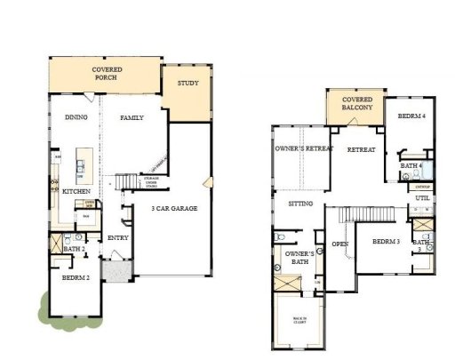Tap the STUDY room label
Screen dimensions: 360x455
coord(187,84)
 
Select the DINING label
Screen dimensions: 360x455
coord(76,117)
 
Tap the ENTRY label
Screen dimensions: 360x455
coord(117,238)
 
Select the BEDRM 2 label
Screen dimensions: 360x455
coord(76,278)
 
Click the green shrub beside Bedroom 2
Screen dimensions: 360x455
coord(42,308)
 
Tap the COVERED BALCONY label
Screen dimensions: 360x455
coord(353,104)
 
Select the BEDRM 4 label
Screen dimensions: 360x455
coord(411,116)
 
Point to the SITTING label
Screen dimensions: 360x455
coord(301,204)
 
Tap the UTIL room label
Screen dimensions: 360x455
coord(420,210)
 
